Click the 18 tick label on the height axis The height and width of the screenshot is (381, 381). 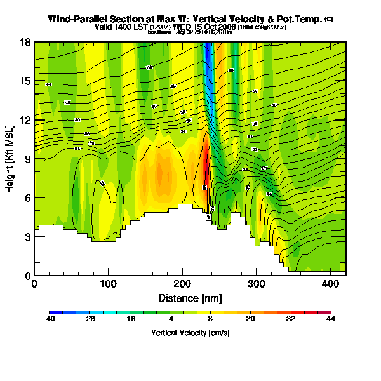pyautogui.click(x=24, y=43)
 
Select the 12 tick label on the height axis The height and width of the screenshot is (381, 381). pyautogui.click(x=24, y=121)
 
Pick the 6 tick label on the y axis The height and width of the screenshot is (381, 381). pyautogui.click(x=27, y=198)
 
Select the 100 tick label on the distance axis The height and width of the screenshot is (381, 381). pyautogui.click(x=108, y=284)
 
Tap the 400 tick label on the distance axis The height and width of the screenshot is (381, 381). pyautogui.click(x=330, y=284)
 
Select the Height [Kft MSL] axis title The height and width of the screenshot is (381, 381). pyautogui.click(x=11, y=159)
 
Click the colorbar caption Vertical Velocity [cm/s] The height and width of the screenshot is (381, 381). pyautogui.click(x=190, y=333)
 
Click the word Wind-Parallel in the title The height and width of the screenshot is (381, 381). pyautogui.click(x=76, y=19)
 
